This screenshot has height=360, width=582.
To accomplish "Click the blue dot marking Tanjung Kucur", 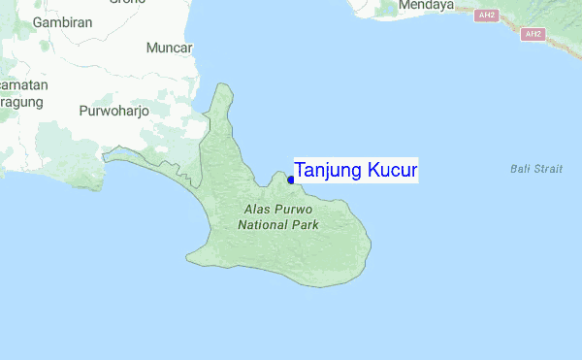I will [291, 179].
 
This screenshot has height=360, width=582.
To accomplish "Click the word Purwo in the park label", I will [296, 209].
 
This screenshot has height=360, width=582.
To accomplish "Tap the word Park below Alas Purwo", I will [307, 224].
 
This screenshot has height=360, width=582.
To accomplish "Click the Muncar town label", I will [169, 48].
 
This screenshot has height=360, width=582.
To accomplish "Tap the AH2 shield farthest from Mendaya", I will [533, 35].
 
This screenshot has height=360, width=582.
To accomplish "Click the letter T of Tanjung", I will [301, 171].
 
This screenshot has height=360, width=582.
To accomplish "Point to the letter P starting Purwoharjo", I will [83, 111].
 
